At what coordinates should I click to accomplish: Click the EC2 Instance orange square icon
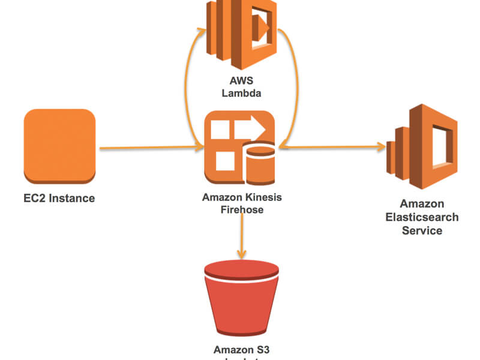pos(59,146)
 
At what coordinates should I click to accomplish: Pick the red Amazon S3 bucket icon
pos(241,297)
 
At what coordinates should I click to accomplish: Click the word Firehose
pos(242,209)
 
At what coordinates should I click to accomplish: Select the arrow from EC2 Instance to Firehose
pos(150,147)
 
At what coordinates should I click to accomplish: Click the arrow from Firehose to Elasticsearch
pos(336,146)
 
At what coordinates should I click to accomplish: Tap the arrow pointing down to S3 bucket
pos(242,234)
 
